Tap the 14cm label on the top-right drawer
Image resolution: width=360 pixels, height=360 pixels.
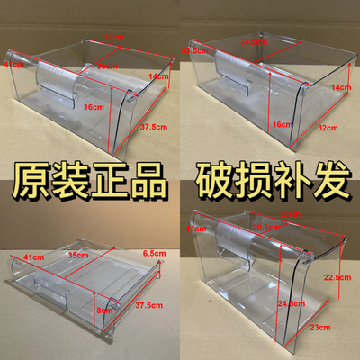340,87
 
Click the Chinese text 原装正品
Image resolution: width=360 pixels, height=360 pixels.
87,183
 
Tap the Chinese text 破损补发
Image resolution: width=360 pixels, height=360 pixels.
270,183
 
